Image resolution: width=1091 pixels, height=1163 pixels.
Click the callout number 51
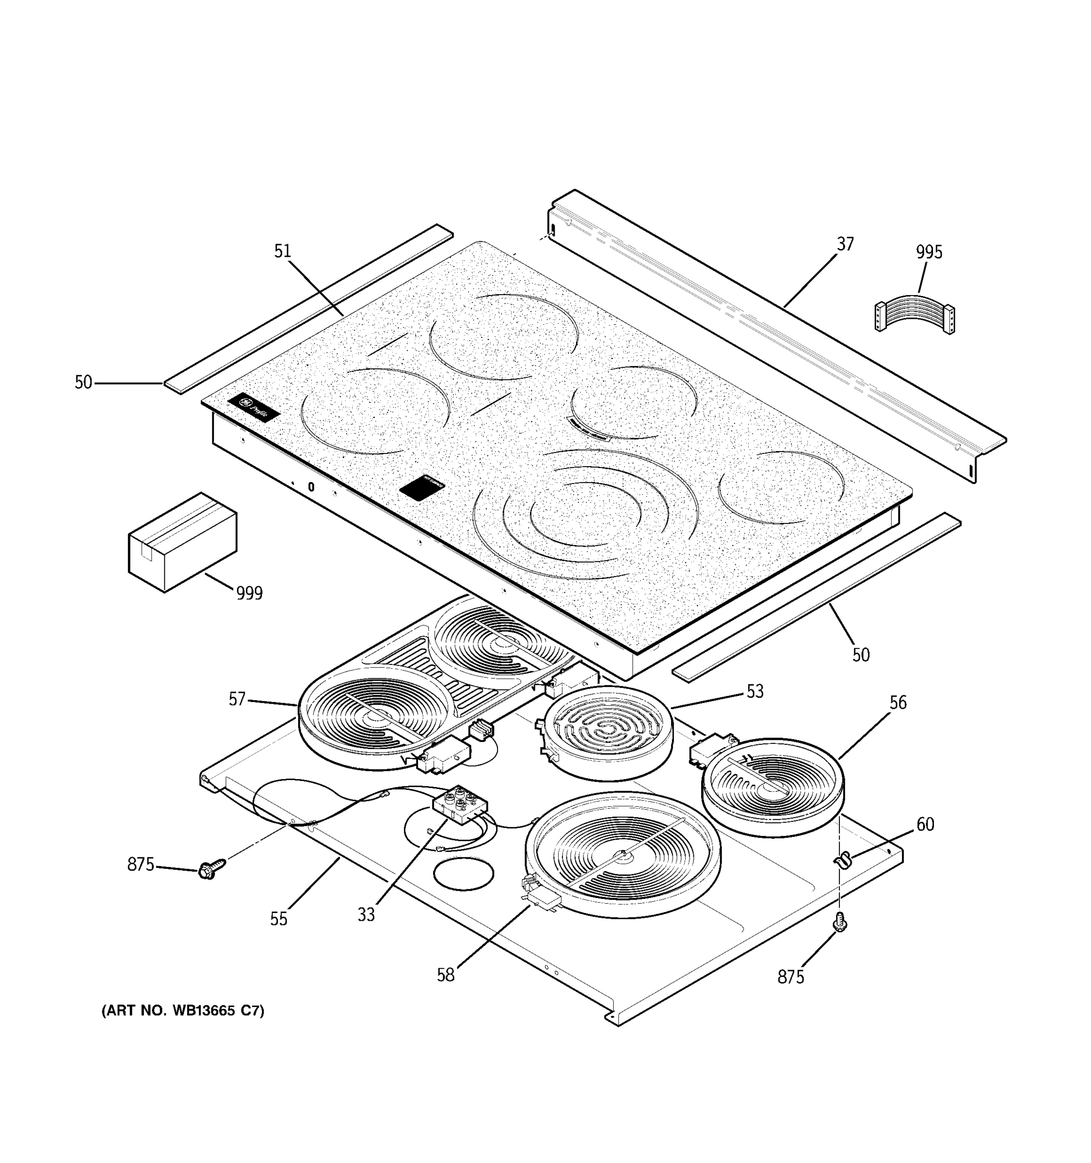coord(282,251)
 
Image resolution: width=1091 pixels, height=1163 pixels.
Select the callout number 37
coord(845,243)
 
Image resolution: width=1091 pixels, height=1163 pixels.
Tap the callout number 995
coord(929,252)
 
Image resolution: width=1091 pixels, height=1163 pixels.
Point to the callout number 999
coord(249,593)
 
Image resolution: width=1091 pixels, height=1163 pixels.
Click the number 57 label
coord(237,699)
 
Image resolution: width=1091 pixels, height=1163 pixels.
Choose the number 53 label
coord(754,692)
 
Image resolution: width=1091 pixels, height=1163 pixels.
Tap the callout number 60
coord(925,824)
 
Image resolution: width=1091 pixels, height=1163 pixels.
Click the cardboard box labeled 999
coord(182,542)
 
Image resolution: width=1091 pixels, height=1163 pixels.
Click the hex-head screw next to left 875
coord(209,870)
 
